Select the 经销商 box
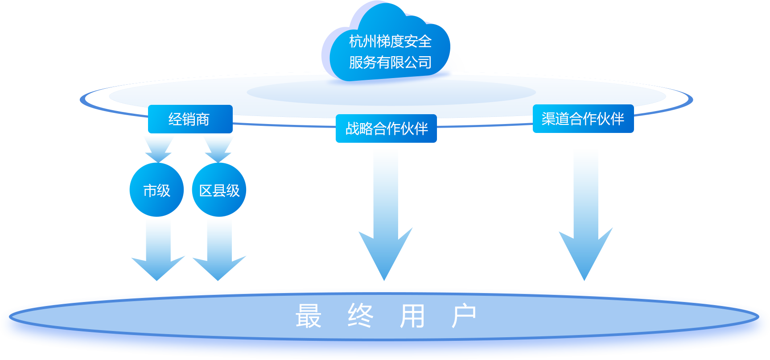pyautogui.click(x=190, y=119)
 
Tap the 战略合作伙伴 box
pyautogui.click(x=386, y=128)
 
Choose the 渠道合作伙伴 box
pyautogui.click(x=583, y=119)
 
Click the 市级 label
pyautogui.click(x=157, y=190)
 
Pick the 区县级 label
pyautogui.click(x=220, y=190)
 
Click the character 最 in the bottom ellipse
pyautogui.click(x=309, y=316)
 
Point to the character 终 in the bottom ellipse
pyautogui.click(x=360, y=316)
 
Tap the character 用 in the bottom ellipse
pyautogui.click(x=412, y=316)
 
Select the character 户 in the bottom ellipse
pyautogui.click(x=464, y=316)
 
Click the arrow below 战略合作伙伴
pyautogui.click(x=386, y=215)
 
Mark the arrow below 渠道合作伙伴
pyautogui.click(x=585, y=215)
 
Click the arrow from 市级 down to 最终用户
pyautogui.click(x=158, y=250)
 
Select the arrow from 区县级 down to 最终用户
pyautogui.click(x=222, y=250)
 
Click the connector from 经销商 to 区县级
pyautogui.click(x=218, y=149)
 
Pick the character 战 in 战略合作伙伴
pyautogui.click(x=352, y=128)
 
